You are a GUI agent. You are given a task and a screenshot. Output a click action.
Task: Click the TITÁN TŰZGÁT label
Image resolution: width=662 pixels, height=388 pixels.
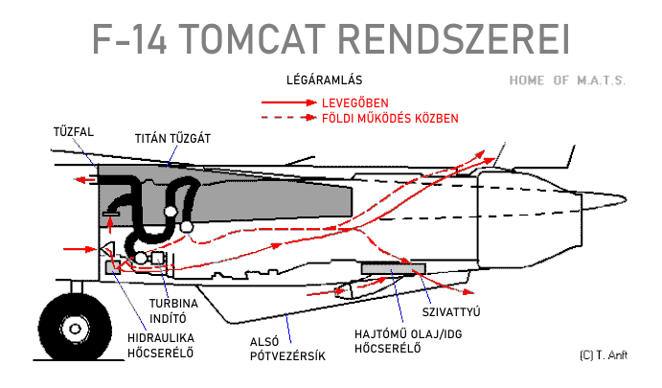coord(172,138)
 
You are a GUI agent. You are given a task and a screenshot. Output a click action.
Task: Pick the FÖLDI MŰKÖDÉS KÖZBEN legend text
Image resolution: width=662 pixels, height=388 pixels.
coord(396,118)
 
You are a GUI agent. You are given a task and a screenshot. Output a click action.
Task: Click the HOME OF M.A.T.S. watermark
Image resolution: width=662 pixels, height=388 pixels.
coord(567,80)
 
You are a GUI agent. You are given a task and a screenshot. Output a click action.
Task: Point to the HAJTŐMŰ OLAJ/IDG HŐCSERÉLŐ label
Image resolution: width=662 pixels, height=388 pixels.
coord(391,340)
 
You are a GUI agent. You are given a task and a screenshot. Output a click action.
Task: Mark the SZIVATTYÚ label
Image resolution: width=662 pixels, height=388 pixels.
coord(450,311)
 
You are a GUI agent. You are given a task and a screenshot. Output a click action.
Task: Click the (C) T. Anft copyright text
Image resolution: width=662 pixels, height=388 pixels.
coord(604,354)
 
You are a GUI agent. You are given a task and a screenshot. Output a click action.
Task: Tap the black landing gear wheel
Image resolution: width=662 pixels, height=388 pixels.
coord(63,329)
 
